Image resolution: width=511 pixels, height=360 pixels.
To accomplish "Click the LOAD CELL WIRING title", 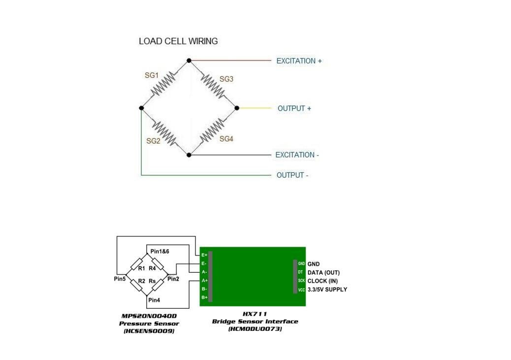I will pos(178,41).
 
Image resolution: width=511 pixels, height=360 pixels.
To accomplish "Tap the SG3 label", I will pos(226,79).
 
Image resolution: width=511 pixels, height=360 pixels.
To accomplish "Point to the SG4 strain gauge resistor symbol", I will pos(213,130).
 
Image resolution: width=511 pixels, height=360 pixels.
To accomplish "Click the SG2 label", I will pos(154,141).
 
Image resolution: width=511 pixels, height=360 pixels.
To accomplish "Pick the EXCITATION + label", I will pos(299,61).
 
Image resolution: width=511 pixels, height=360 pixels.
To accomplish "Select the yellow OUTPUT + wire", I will pos(254,108).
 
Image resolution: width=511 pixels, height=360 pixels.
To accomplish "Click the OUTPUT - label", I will pos(292,175).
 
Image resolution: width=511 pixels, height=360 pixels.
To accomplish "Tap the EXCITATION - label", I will pos(297,155).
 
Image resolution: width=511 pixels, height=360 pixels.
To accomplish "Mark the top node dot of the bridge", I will pos(189,61).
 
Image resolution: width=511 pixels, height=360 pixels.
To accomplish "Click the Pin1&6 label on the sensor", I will pos(160,252).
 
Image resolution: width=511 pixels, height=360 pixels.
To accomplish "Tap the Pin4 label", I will pos(154,300).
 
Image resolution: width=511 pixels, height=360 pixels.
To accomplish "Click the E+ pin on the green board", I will pos(204,255).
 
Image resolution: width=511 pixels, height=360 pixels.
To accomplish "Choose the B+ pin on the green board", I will pos(204,297).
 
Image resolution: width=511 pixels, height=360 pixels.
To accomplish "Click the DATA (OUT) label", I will pos(323,272).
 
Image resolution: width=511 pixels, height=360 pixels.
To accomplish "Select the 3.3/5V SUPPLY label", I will pos(327,290).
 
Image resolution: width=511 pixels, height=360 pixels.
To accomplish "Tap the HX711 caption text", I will pos(255,314).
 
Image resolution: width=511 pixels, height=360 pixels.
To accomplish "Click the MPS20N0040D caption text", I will pos(149,316).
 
